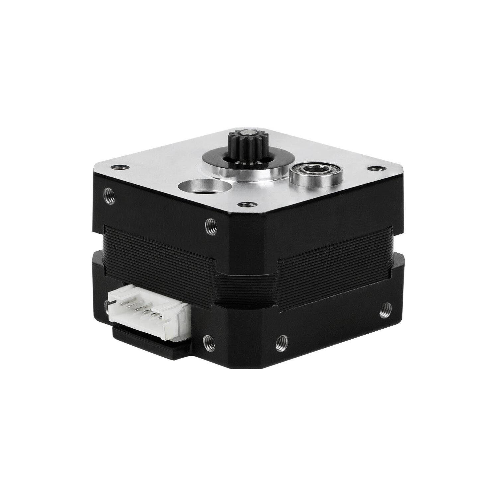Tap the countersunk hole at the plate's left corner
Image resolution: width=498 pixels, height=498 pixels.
[116, 166]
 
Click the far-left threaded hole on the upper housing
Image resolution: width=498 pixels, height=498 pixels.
[109, 196]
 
